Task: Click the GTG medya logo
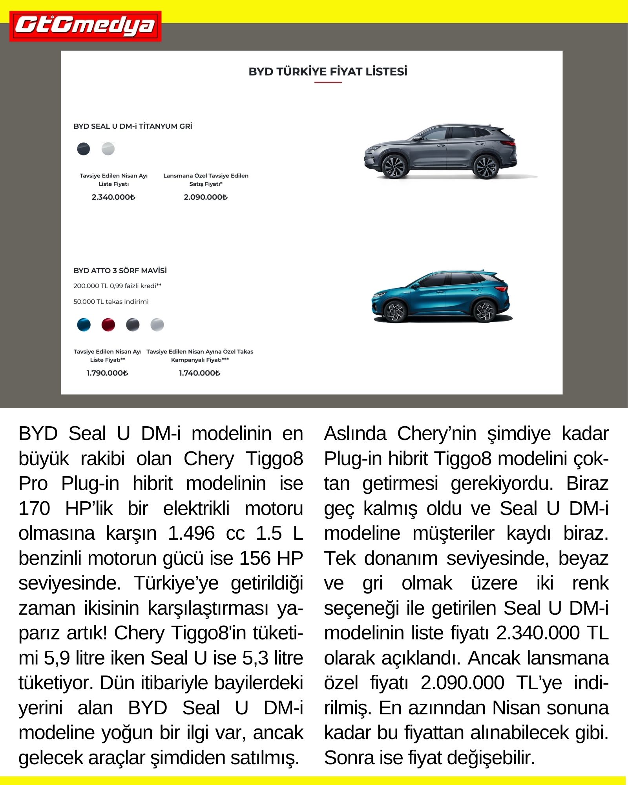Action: [85, 26]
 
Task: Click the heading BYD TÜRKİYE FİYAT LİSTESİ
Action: [328, 72]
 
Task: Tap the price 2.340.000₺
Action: [113, 197]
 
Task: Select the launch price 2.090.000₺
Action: [206, 197]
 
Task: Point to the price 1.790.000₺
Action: [108, 373]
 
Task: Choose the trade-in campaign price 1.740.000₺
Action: [200, 373]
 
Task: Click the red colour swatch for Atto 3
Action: [108, 325]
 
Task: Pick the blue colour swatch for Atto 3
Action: [84, 325]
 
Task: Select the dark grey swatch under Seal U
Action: [84, 149]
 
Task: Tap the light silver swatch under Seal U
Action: [108, 149]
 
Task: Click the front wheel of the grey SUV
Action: [394, 166]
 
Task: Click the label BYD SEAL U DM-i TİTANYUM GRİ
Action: [133, 126]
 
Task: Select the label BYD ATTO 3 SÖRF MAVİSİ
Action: [120, 270]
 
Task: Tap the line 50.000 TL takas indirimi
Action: [111, 301]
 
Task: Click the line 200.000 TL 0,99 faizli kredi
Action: [117, 286]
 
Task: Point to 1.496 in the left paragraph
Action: [191, 533]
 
